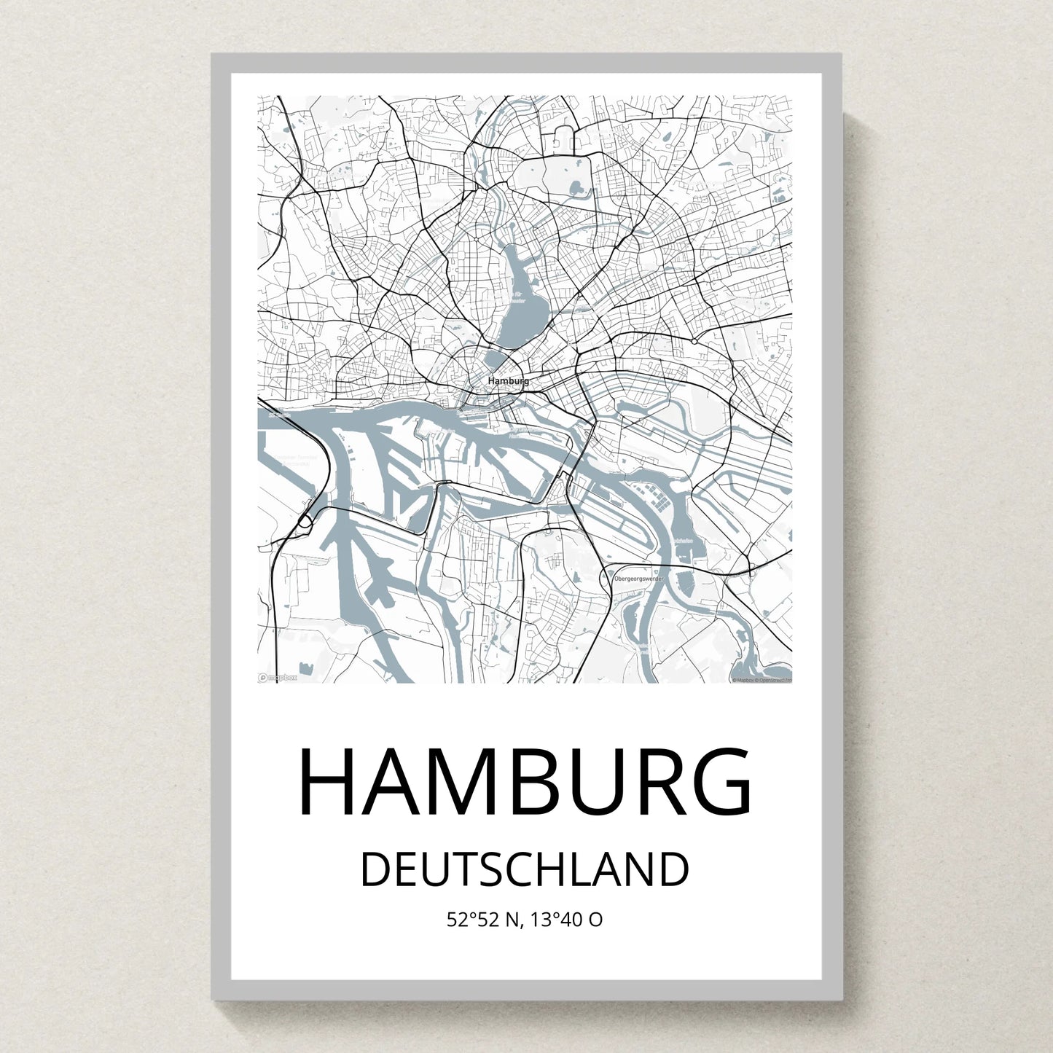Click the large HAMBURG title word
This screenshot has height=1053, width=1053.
click(x=525, y=782)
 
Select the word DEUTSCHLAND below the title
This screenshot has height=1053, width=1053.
click(x=525, y=869)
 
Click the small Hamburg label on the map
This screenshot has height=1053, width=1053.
click(x=508, y=381)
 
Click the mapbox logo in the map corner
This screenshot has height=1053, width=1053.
click(x=278, y=678)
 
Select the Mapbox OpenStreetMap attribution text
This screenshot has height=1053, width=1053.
click(x=762, y=680)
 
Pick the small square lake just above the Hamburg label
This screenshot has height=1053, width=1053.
click(x=496, y=360)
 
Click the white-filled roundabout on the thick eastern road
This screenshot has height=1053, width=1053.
click(x=694, y=341)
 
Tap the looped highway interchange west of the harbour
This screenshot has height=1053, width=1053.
click(x=305, y=522)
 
